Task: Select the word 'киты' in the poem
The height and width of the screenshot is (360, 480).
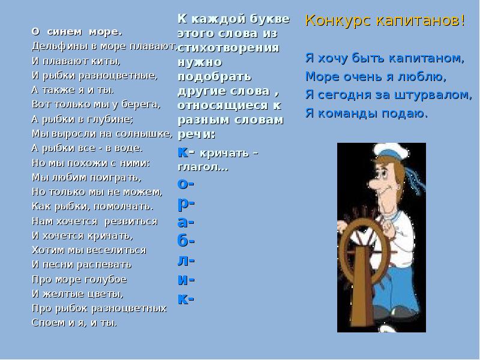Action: click(107, 61)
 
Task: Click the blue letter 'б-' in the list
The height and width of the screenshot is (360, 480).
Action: click(187, 241)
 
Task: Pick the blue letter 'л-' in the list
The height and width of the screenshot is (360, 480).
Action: click(187, 260)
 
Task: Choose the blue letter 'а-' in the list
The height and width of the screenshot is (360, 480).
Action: click(187, 221)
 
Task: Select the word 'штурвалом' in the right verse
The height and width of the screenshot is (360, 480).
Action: click(440, 95)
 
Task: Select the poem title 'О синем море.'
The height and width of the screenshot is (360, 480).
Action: click(76, 31)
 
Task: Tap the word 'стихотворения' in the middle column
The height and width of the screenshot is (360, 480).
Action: click(228, 48)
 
